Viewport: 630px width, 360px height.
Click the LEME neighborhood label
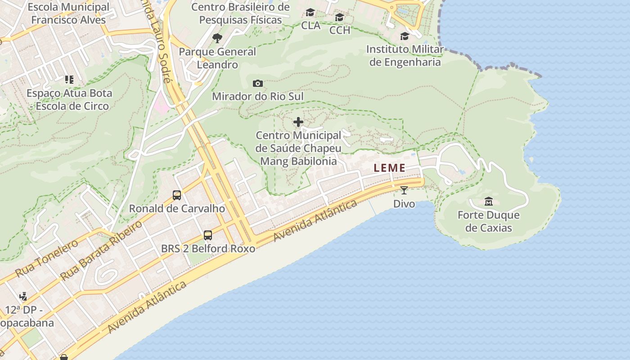pyautogui.click(x=389, y=168)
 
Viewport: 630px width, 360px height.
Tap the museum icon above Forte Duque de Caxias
pyautogui.click(x=488, y=201)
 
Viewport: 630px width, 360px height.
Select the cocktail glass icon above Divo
pyautogui.click(x=404, y=190)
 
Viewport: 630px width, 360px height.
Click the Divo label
pyautogui.click(x=404, y=204)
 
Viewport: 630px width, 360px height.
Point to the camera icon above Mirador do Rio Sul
pyautogui.click(x=257, y=83)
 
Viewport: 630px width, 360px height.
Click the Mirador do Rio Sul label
pyautogui.click(x=257, y=96)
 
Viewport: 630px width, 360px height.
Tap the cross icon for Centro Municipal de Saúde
pyautogui.click(x=298, y=122)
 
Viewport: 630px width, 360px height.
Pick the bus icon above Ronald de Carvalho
pyautogui.click(x=177, y=195)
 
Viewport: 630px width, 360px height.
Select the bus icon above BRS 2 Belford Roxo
pyautogui.click(x=207, y=235)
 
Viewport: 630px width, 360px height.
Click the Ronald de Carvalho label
pyautogui.click(x=177, y=208)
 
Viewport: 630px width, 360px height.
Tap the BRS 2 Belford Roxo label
pyautogui.click(x=208, y=248)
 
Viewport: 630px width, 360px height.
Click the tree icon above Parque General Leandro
pyautogui.click(x=217, y=38)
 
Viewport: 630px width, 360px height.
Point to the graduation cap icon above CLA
pyautogui.click(x=310, y=13)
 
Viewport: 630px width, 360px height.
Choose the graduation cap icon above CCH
pyautogui.click(x=339, y=18)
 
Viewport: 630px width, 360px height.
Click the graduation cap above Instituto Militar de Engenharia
pyautogui.click(x=405, y=36)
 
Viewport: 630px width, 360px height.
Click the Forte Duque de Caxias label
pyautogui.click(x=488, y=221)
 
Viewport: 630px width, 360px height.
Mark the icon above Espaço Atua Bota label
pyautogui.click(x=69, y=80)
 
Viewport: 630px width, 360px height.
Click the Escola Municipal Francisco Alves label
pyautogui.click(x=68, y=13)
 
